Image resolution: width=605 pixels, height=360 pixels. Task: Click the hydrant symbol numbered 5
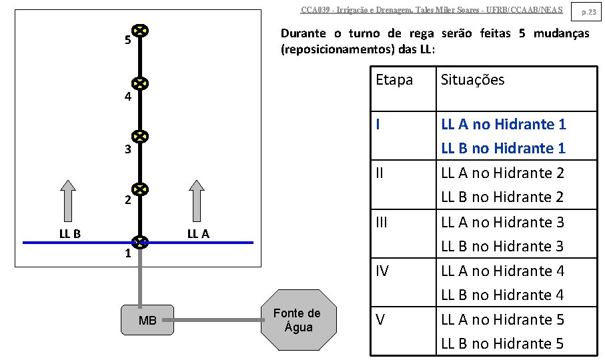pos(139,31)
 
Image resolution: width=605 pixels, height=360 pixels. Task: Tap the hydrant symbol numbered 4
pos(139,84)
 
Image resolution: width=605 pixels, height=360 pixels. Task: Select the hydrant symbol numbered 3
pos(139,137)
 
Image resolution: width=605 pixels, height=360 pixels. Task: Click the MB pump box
pos(147,321)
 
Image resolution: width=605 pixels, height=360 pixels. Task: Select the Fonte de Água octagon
pos(297,321)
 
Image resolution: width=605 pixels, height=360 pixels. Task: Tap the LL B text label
pos(69,234)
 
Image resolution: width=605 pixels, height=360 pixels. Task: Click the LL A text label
pos(198,234)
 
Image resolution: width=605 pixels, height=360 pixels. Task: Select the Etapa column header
pos(394,80)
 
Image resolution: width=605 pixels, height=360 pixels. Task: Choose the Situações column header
pos(472,80)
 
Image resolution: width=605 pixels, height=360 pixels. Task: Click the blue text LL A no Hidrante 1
pos(503,124)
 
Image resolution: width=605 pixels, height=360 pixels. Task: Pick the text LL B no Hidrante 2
pos(502,197)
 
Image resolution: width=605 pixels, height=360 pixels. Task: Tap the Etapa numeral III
pos(382,222)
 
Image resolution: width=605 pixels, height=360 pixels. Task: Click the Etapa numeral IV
pos(382,271)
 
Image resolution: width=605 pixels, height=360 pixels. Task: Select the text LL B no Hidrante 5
pos(502,343)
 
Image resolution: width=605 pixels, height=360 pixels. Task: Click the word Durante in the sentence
pos(304,33)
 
